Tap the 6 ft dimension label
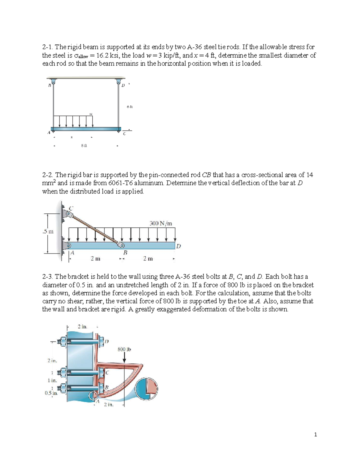(129, 107)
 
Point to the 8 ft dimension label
(84, 146)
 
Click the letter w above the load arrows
(91, 113)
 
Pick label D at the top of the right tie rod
(123, 86)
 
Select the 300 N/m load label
(161, 223)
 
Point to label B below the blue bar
(125, 253)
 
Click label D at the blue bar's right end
(178, 246)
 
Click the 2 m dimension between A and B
(95, 258)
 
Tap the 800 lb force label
(124, 349)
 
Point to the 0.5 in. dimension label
(51, 393)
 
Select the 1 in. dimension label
(52, 380)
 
